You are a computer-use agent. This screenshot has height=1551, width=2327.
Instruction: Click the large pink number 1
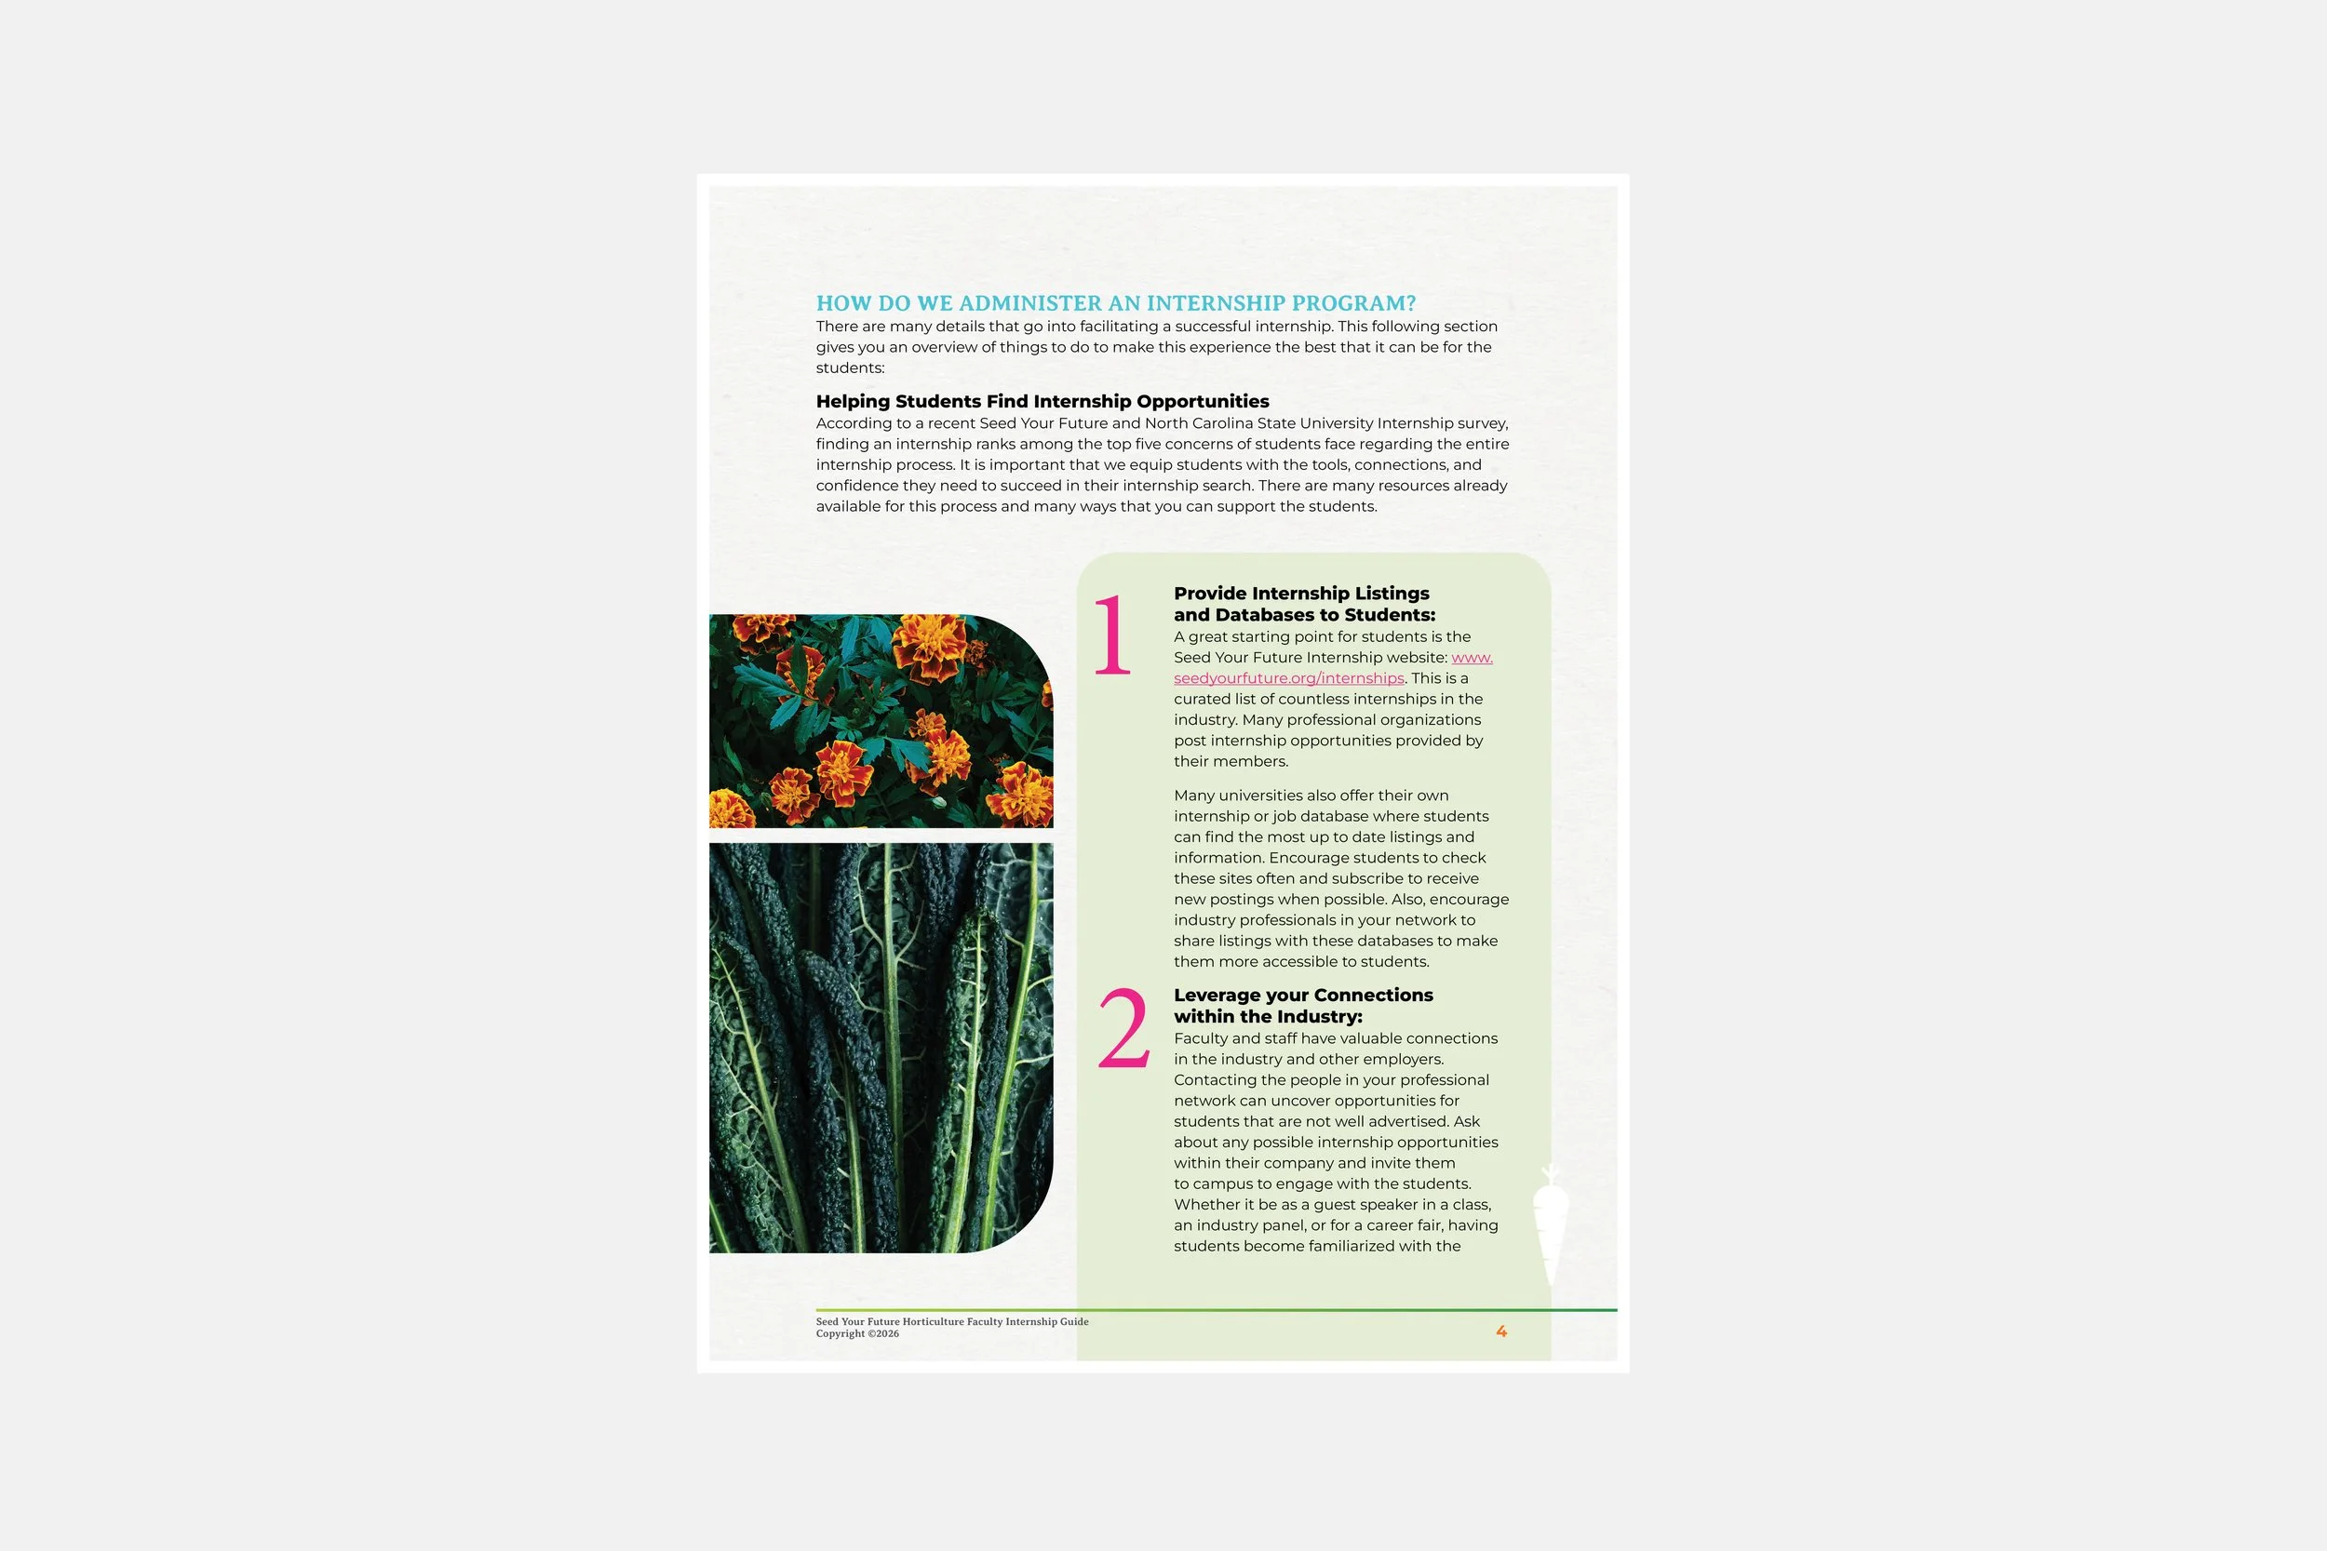(1112, 635)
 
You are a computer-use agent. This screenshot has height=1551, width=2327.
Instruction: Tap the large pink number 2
(1123, 1030)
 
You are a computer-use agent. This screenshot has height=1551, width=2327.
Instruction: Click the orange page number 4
(1500, 1331)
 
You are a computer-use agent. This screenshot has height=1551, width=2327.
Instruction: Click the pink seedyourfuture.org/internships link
(1288, 678)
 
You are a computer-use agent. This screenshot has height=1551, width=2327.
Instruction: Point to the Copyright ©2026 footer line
(856, 1334)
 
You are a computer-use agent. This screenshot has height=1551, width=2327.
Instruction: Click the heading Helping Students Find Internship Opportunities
(1042, 402)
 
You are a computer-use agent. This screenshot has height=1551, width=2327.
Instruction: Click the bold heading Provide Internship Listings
(1301, 594)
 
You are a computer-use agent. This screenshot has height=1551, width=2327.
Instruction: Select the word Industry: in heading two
(1320, 1017)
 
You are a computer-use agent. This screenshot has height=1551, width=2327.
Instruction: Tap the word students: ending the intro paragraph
(850, 368)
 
